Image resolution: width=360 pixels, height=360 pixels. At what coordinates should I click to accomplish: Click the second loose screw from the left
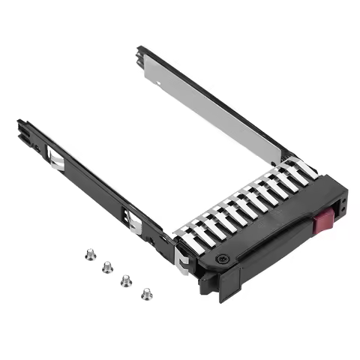pos(107,266)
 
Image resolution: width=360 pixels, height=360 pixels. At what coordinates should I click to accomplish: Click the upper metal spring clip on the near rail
pos(55,158)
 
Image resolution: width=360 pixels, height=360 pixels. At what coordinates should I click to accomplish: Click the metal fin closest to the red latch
pos(306,172)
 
